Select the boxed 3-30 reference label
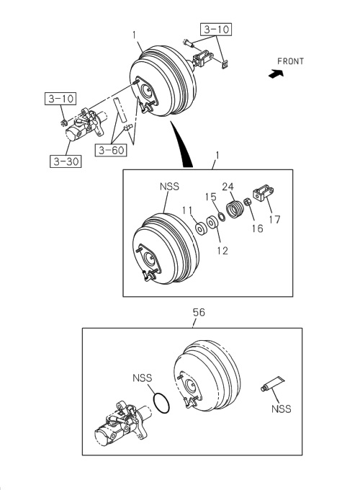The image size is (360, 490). pos(66,161)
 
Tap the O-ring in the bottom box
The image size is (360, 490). pos(163,401)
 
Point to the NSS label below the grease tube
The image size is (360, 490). pos(282,409)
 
